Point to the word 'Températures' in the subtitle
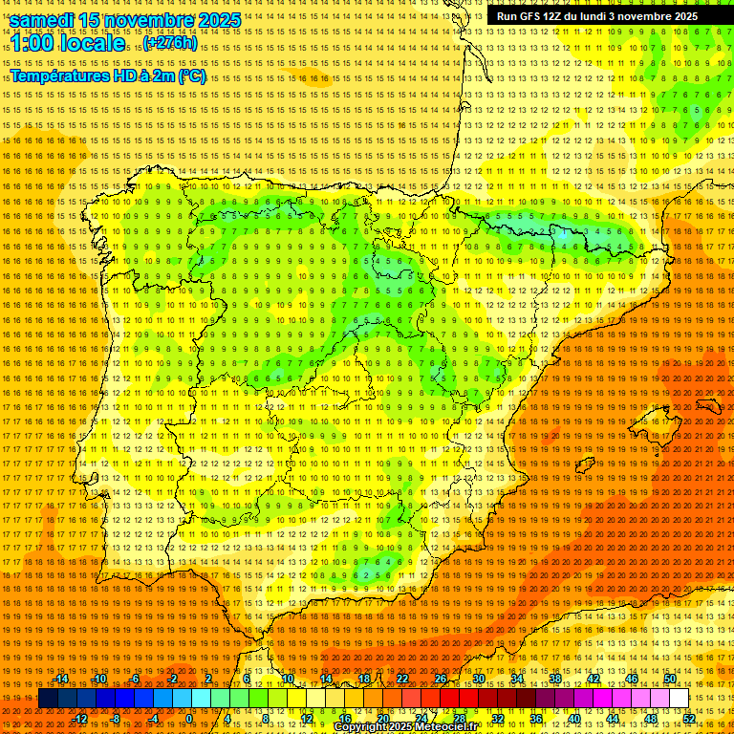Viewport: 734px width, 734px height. pyautogui.click(x=60, y=76)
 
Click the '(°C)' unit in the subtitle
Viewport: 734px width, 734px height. pyautogui.click(x=191, y=76)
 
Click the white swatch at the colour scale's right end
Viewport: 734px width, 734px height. pyautogui.click(x=679, y=699)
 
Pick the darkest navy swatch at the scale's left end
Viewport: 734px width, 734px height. pyautogui.click(x=48, y=699)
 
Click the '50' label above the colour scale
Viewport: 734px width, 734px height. pyautogui.click(x=670, y=679)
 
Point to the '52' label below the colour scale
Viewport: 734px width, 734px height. pyautogui.click(x=689, y=719)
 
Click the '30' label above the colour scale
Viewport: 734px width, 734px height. pyautogui.click(x=479, y=679)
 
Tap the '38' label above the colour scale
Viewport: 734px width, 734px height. pyautogui.click(x=555, y=679)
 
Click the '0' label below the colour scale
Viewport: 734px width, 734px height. pyautogui.click(x=190, y=719)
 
